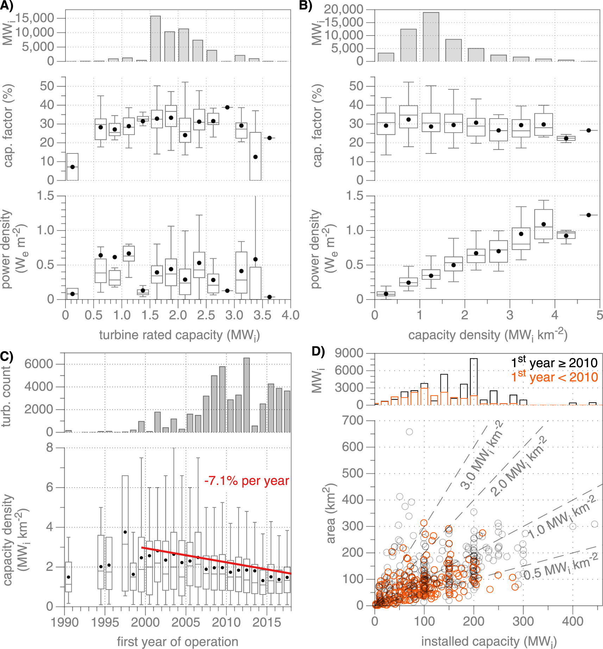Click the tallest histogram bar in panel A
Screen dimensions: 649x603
point(155,39)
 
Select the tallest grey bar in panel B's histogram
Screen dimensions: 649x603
point(431,37)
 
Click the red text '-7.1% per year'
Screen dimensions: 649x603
point(247,481)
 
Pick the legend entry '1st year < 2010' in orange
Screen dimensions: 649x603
point(554,377)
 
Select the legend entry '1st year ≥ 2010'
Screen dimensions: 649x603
point(554,363)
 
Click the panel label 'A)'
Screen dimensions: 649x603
point(6,6)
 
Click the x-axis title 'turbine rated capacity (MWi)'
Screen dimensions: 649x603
point(179,335)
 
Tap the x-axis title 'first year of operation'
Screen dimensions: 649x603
point(177,642)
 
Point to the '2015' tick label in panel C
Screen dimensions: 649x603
point(266,622)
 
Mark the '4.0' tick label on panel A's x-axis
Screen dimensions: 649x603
point(290,315)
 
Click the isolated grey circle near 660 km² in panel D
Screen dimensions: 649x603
point(409,432)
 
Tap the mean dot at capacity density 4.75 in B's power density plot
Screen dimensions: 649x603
point(589,215)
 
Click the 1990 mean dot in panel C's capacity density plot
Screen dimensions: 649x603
point(69,577)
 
